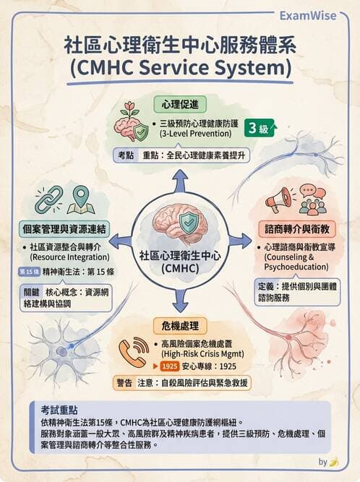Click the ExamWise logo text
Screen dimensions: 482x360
(312, 14)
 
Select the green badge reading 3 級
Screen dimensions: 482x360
(262, 129)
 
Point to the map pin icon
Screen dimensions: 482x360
(80, 200)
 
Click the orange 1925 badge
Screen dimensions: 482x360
(171, 366)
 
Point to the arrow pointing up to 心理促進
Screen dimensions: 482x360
(180, 182)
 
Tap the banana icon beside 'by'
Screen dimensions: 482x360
(333, 462)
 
